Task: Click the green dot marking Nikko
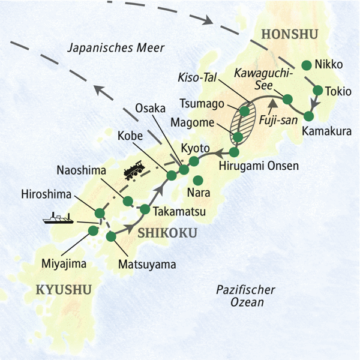coord(307,65)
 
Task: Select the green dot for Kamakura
coord(310,116)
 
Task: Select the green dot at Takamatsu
coord(145,209)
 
